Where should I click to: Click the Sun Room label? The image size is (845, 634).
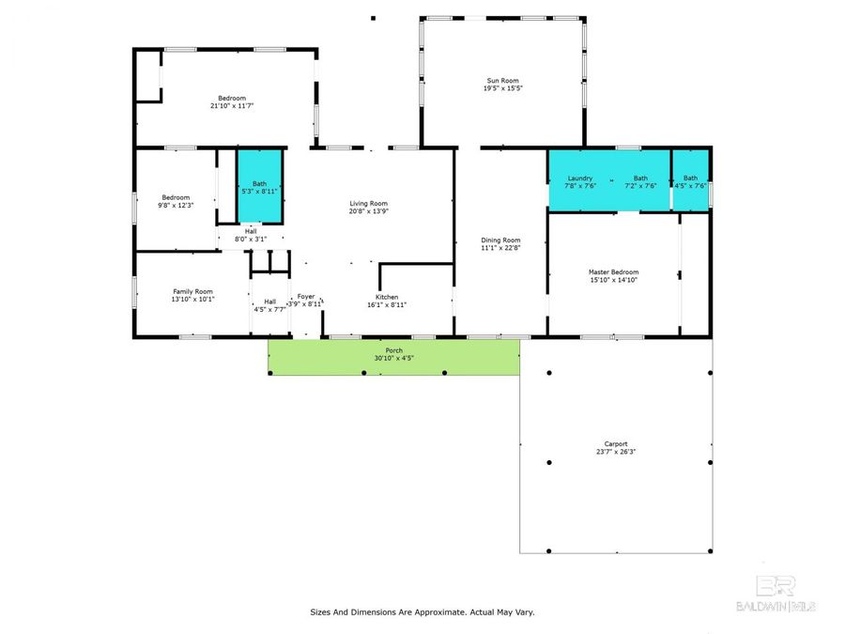(x=501, y=81)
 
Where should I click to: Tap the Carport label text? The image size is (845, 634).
(x=616, y=444)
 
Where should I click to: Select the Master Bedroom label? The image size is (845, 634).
(x=612, y=272)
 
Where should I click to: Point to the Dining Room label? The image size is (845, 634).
(x=500, y=240)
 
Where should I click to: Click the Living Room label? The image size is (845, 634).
(x=368, y=204)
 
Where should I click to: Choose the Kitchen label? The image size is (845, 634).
(x=387, y=297)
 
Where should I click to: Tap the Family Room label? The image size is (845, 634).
(x=192, y=291)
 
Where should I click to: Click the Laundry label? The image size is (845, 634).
(x=579, y=178)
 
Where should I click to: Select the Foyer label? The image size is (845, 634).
(x=306, y=297)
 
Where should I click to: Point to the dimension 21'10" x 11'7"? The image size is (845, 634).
(x=232, y=106)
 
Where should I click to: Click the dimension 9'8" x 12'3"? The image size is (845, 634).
(x=176, y=205)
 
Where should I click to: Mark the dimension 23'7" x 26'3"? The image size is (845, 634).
(x=616, y=452)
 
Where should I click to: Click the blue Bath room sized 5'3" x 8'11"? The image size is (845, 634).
(x=259, y=187)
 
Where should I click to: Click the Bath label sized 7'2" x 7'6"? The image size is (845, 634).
(x=640, y=178)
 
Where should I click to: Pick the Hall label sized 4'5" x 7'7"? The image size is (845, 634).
(x=269, y=302)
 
